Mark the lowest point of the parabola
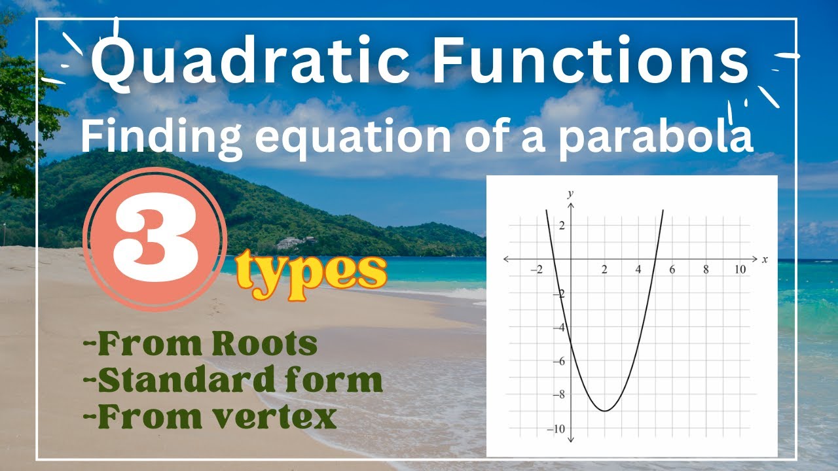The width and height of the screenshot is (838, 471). [605, 411]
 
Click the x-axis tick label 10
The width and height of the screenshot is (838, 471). [740, 270]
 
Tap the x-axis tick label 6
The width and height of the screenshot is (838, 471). [672, 270]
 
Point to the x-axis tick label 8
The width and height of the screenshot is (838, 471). [706, 270]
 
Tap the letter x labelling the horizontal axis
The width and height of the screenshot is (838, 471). [764, 260]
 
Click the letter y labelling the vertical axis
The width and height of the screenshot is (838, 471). [570, 194]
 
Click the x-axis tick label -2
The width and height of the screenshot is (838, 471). [536, 270]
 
